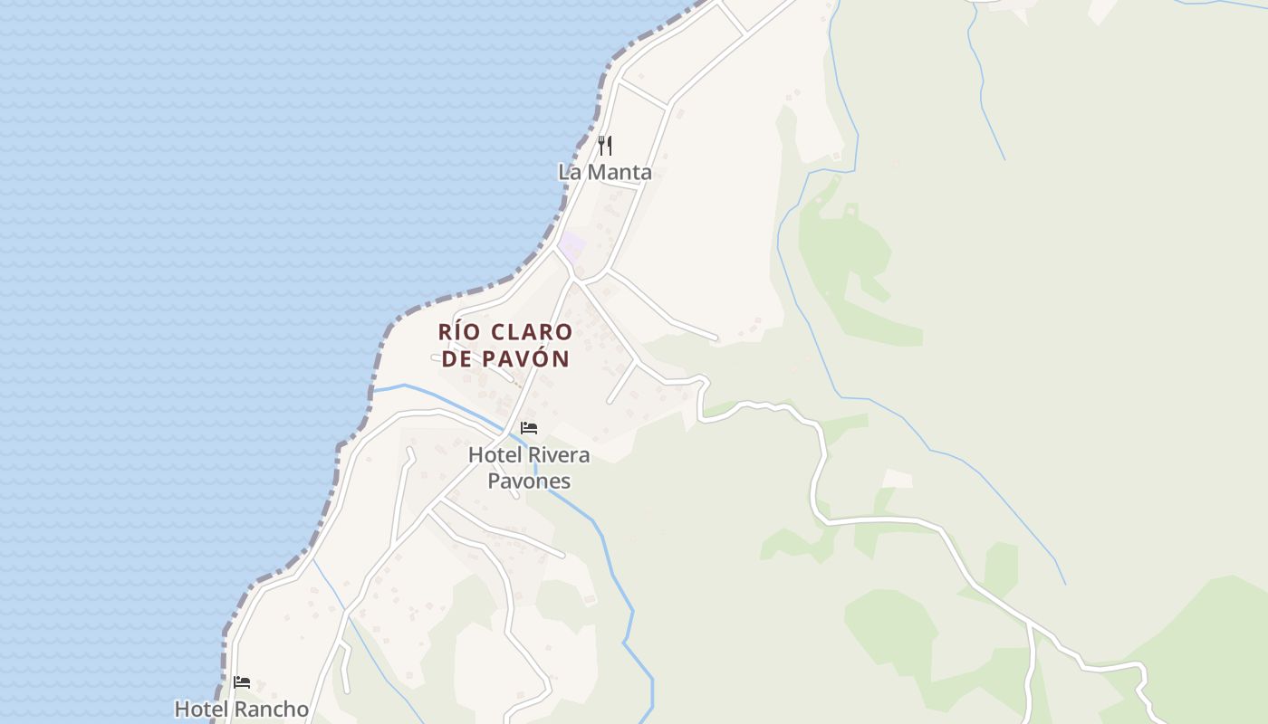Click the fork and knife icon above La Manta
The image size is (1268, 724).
605,145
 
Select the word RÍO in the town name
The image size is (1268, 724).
459,332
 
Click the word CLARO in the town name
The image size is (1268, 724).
533,332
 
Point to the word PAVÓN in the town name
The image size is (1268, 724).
526,358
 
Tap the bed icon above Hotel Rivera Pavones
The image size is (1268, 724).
529,428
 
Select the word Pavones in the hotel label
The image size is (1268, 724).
529,480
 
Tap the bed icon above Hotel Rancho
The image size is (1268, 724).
242,682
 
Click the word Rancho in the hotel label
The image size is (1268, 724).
272,709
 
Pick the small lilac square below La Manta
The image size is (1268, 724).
572,244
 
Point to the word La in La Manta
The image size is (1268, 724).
569,172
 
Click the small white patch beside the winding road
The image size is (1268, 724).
898,478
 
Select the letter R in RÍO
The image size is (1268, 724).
446,332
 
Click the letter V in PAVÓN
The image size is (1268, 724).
524,358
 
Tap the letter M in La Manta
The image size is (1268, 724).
596,172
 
